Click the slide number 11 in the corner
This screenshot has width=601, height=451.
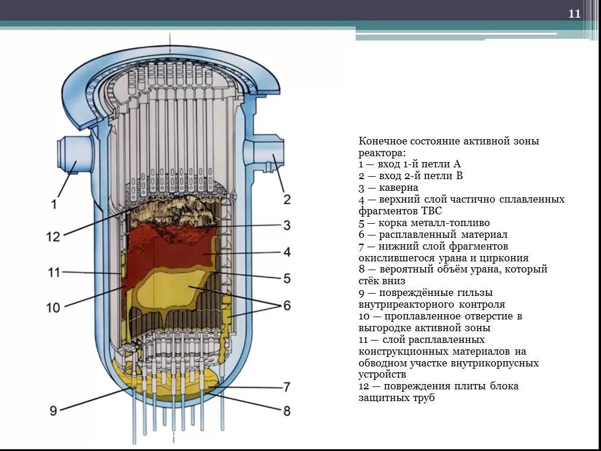(x=574, y=14)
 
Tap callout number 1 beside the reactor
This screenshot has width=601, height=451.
(x=53, y=204)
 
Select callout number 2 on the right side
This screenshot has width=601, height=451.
(x=286, y=200)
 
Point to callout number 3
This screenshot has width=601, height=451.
(x=286, y=225)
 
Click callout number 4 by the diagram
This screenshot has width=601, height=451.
(x=286, y=252)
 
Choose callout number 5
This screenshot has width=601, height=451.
(x=286, y=278)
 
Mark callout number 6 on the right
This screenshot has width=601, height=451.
(x=286, y=305)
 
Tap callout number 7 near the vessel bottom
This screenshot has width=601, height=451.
(x=286, y=387)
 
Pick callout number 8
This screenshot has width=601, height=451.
(x=286, y=411)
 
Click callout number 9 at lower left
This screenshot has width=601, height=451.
(x=53, y=410)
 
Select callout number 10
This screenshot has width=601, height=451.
(x=53, y=307)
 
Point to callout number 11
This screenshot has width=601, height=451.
(x=53, y=272)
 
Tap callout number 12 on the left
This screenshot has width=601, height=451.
(x=53, y=237)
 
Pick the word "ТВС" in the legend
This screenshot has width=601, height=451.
(x=430, y=211)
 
